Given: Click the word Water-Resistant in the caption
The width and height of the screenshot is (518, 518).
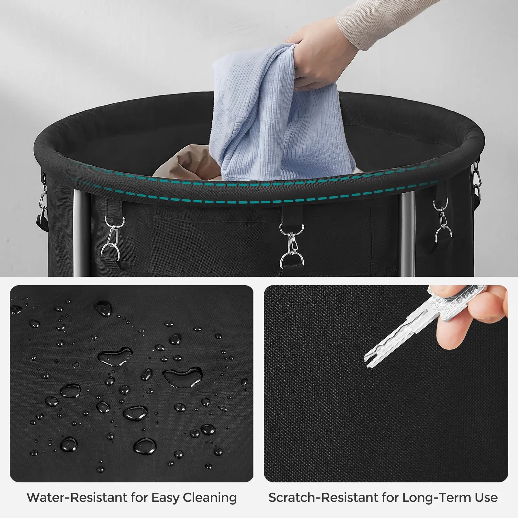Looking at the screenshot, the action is click(x=78, y=497).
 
